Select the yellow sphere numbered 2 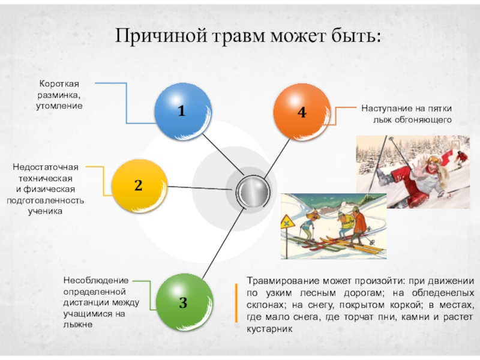click(x=139, y=186)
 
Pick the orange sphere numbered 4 click(x=301, y=112)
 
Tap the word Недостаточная click(x=46, y=166)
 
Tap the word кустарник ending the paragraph click(x=269, y=329)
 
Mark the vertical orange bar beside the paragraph click(x=238, y=305)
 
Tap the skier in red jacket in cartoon click(x=358, y=223)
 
